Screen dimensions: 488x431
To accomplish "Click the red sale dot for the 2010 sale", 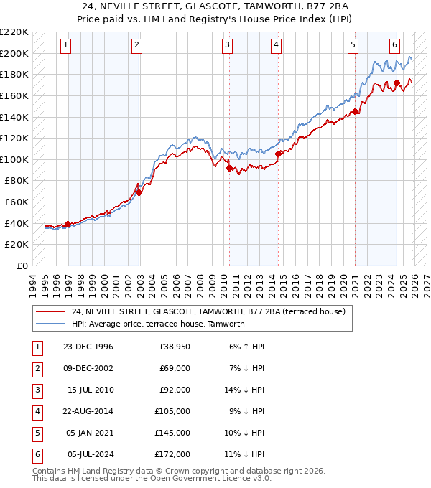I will (229, 169).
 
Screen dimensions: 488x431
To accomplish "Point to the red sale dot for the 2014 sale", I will (278, 153).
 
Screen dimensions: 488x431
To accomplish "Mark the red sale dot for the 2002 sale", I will (139, 192).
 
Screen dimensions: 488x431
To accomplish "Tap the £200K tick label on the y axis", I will (15, 53).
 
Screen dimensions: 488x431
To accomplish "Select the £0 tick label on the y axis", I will (22, 266).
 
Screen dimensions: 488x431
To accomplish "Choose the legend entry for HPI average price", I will (158, 324).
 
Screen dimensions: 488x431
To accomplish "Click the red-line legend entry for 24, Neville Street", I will (209, 311).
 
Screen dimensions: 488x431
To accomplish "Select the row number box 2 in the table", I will (36, 368).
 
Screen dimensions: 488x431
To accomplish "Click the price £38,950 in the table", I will (174, 347).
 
